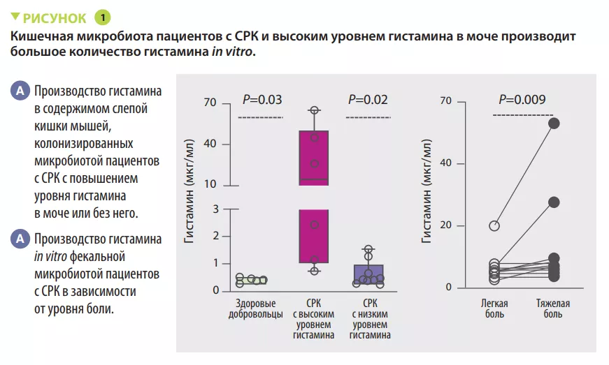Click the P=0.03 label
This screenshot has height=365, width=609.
(262, 100)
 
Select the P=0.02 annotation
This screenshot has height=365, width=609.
(368, 100)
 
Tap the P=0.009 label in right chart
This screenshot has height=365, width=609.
(522, 99)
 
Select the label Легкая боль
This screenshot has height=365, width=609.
(494, 309)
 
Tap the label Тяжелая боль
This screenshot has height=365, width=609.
(552, 309)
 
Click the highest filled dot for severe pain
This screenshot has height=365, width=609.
(554, 124)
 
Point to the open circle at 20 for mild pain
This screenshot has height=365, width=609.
(494, 225)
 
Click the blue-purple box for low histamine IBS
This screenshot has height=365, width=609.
(368, 275)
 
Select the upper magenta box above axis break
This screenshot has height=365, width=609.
(314, 158)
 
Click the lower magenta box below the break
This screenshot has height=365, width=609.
(314, 236)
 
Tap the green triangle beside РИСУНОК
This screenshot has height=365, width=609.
(15, 17)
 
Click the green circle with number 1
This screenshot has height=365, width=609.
(101, 17)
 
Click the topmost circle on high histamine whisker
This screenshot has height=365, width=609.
(315, 110)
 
